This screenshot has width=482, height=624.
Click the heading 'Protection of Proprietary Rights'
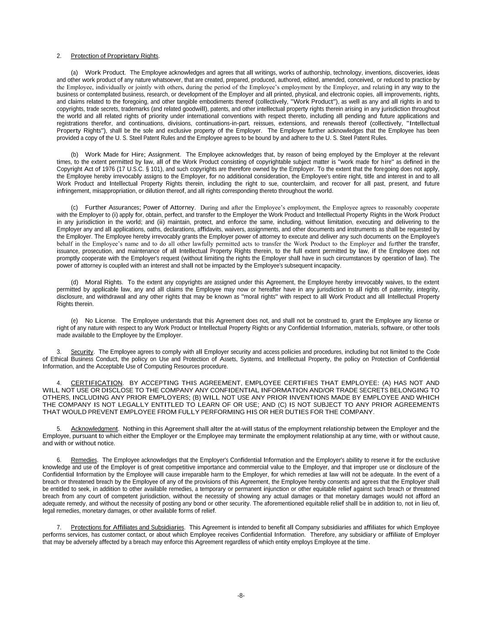pyautogui.click(x=114, y=56)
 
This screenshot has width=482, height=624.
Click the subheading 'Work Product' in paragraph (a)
pyautogui.click(x=105, y=72)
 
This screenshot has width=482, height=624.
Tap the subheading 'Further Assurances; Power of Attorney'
pyautogui.click(x=140, y=208)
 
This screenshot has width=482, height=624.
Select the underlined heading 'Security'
pyautogui.click(x=82, y=352)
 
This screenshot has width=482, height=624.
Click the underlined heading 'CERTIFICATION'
pyautogui.click(x=96, y=383)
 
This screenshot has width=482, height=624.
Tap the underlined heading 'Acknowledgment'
pyautogui.click(x=94, y=429)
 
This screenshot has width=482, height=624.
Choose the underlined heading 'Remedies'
pyautogui.click(x=84, y=460)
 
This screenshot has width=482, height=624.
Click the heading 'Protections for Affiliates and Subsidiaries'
pyautogui.click(x=127, y=528)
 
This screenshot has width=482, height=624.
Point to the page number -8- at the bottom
pyautogui.click(x=241, y=596)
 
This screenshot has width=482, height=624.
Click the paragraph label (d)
pyautogui.click(x=74, y=282)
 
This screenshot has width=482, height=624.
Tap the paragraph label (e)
pyautogui.click(x=74, y=320)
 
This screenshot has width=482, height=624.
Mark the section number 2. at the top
pyautogui.click(x=59, y=56)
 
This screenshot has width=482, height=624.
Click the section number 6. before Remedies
pyautogui.click(x=59, y=460)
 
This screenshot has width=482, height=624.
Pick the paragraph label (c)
pyautogui.click(x=74, y=208)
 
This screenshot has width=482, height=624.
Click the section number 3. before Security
pyautogui.click(x=59, y=352)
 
